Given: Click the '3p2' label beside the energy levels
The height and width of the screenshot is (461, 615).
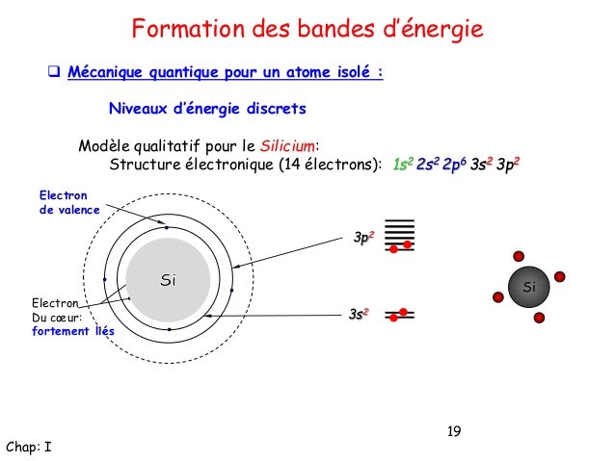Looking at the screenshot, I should coord(363,237).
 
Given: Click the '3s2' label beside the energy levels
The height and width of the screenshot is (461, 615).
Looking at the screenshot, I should coord(361,314).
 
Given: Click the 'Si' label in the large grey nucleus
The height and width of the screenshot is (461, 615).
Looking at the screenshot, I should coord(168,281).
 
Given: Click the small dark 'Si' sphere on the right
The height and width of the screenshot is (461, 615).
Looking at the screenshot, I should coord(528,288).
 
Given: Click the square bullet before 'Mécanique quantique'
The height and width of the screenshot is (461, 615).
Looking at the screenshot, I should coord(55,72).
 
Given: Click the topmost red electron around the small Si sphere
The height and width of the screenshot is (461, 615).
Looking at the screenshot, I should coord(520,257).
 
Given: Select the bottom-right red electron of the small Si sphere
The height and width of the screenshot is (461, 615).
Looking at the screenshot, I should coord(540,319).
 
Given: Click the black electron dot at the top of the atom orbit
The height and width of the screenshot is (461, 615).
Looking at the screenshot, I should coord(168,228).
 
